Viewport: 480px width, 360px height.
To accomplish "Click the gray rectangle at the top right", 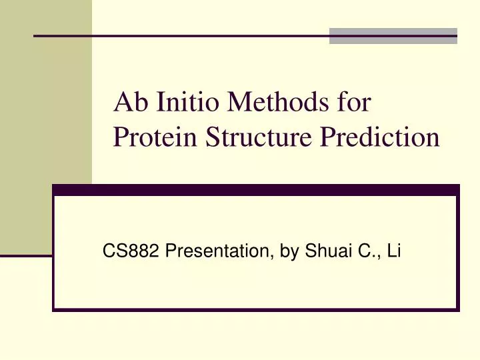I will pyautogui.click(x=393, y=36).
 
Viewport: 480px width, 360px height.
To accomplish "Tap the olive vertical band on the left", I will pyautogui.click(x=45, y=133).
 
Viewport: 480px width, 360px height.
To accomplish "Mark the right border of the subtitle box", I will pyautogui.click(x=457, y=253).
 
